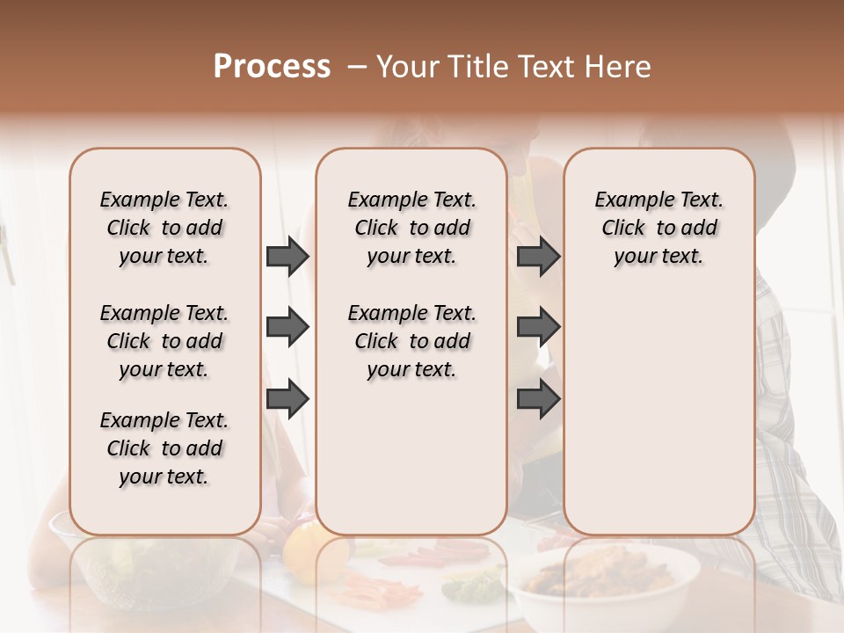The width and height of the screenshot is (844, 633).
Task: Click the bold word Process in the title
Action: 272,67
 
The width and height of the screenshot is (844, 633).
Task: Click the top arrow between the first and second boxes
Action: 287,257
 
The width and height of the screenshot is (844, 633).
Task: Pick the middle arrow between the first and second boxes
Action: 287,328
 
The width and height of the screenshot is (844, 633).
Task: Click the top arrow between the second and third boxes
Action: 538,257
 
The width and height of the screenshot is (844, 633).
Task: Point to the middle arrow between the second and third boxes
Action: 538,328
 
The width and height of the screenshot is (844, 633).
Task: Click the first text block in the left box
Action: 164,228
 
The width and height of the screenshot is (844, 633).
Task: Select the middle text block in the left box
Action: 164,341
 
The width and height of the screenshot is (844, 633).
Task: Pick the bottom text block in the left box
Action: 164,448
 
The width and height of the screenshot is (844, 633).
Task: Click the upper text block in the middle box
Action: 411,228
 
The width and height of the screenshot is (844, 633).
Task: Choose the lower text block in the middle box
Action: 411,341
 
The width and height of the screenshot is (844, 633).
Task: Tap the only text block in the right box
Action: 658,228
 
